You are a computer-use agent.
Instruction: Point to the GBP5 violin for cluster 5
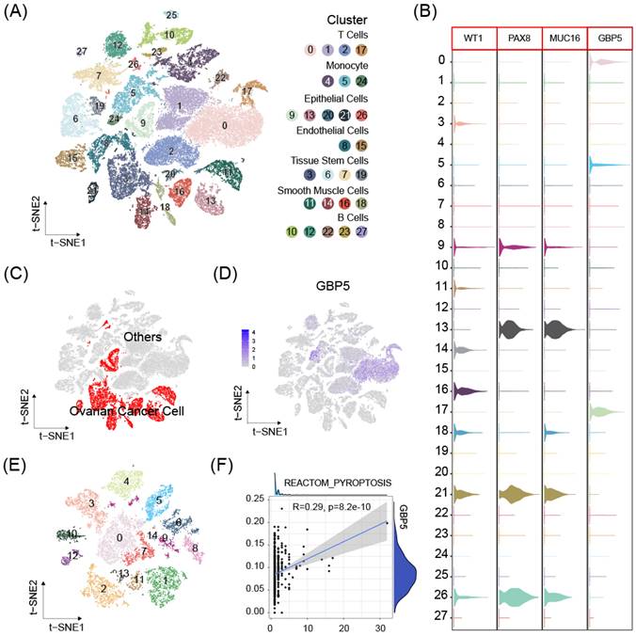(x=602, y=165)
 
